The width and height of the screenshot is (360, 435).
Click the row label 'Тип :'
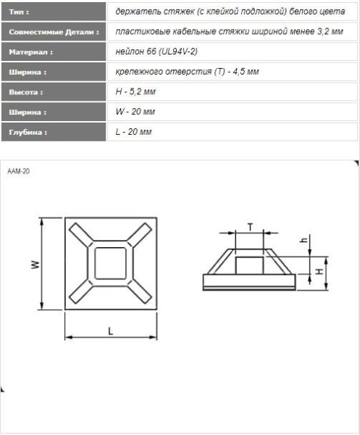(19, 12)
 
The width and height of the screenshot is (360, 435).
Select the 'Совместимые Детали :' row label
(54, 32)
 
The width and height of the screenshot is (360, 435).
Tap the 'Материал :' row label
(30, 52)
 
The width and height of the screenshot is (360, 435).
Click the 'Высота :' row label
(26, 92)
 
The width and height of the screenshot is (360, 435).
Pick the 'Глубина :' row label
(28, 132)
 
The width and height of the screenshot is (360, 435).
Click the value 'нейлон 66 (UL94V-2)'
(156, 51)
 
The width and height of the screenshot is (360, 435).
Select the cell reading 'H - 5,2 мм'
(135, 91)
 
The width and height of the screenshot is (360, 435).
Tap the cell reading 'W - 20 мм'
(135, 112)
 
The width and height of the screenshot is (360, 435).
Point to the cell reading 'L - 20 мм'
(133, 131)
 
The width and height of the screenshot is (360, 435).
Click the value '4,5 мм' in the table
(246, 72)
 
